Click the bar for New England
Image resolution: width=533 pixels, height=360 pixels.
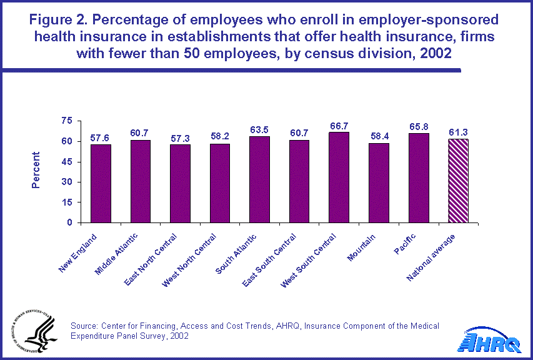[x=101, y=183]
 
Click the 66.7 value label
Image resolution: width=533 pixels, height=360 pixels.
[x=339, y=126]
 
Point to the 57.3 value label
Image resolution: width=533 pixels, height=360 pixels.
[x=180, y=137]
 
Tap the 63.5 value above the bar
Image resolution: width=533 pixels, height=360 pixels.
[x=259, y=130]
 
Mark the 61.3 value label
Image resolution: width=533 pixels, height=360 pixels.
[x=459, y=132]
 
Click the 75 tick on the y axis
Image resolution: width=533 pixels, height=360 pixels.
[x=67, y=121]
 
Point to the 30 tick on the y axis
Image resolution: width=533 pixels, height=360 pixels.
[x=67, y=182]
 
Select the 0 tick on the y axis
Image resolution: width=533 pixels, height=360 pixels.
[x=69, y=222]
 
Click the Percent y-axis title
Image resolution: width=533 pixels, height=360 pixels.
[x=36, y=170]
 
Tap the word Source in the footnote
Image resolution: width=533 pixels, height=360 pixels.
[x=84, y=326]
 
